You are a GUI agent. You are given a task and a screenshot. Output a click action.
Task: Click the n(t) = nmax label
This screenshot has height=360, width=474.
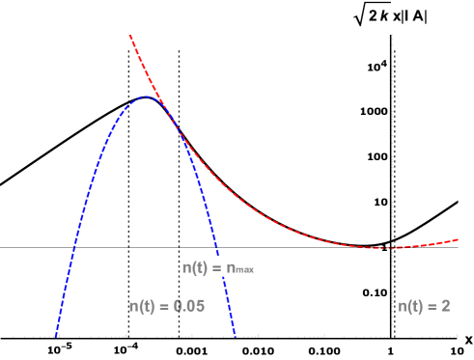point(218,267)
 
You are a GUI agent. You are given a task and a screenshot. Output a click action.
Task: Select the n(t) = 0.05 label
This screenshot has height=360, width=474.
point(167,306)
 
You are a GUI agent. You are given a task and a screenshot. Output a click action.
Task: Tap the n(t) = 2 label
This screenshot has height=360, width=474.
point(424,306)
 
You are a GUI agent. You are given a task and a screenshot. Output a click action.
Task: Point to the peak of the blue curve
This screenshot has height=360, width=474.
point(146,97)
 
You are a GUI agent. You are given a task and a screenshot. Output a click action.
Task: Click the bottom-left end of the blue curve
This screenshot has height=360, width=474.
point(56,337)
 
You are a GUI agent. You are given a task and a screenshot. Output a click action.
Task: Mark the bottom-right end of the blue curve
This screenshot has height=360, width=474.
point(235,337)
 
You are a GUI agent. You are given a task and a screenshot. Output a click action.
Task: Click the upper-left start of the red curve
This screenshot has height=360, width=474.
point(129,36)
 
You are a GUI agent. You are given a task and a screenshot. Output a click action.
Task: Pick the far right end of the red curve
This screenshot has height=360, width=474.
point(459,238)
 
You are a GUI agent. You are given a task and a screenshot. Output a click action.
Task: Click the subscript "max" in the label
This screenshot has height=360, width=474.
point(241,270)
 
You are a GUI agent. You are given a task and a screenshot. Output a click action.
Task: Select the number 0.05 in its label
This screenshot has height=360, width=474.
point(189,306)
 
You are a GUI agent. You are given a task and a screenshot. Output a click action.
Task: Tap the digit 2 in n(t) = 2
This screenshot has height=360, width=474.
point(445,306)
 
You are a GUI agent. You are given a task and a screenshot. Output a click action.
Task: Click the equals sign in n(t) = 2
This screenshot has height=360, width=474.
point(433,306)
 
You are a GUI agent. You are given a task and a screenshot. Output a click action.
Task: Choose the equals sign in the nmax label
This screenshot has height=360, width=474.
point(218,267)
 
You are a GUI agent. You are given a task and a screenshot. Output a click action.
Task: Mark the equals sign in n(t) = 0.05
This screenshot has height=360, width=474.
point(165,306)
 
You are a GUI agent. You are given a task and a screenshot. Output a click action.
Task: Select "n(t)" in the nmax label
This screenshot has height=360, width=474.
point(198,267)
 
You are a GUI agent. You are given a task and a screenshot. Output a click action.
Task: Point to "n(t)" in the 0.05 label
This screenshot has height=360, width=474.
point(144,306)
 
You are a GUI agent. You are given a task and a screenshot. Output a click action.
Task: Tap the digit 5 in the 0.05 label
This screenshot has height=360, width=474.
point(201,306)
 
